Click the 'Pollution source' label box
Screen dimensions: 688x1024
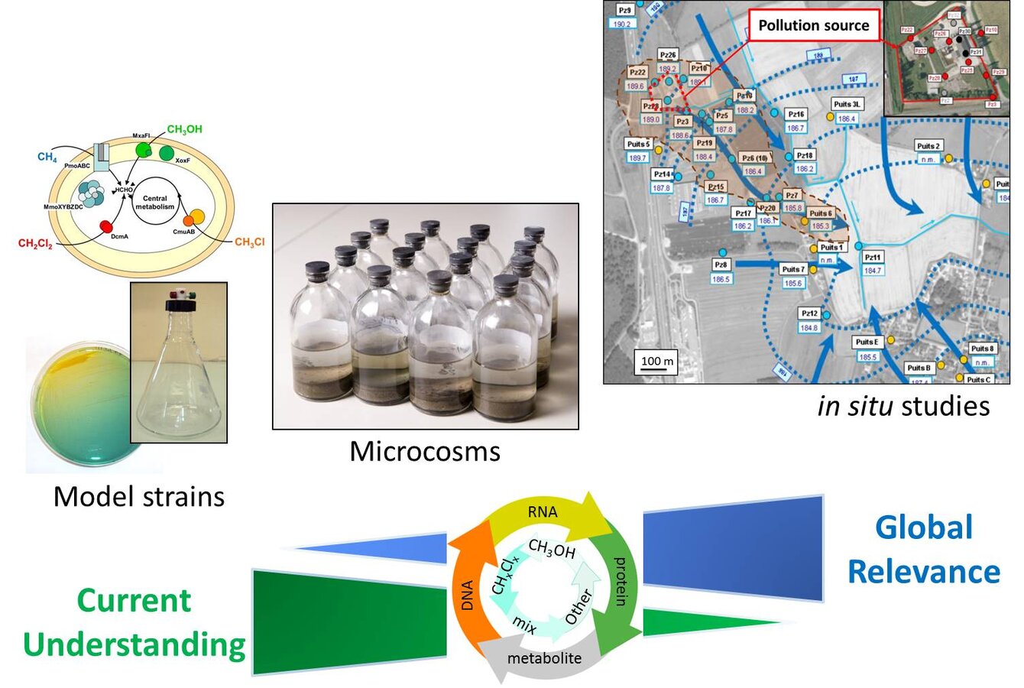pos(813,25)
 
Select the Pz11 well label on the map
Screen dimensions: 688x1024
pos(873,258)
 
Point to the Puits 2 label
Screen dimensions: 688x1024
pos(928,146)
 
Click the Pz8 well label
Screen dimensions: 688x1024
pos(720,264)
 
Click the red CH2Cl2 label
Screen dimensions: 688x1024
pos(35,244)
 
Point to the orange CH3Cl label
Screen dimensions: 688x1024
pos(249,242)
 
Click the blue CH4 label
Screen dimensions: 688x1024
pos(47,157)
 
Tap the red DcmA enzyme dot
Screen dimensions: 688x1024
pos(108,227)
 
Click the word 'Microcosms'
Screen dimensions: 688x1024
pos(425,451)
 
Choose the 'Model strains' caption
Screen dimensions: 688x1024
pos(139,496)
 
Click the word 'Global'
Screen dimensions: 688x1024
pos(924,527)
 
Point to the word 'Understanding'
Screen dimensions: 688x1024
pos(134,644)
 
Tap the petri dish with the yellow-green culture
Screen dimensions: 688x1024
pos(76,405)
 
